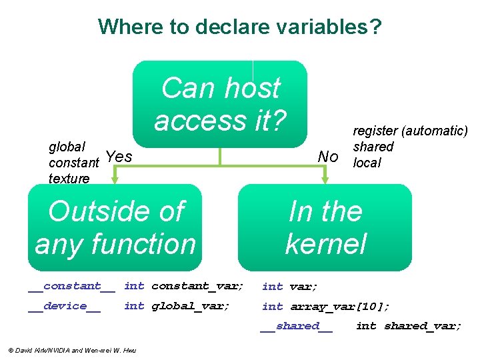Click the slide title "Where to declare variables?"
240,27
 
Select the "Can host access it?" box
220,104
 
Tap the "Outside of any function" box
115,227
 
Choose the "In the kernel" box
325,227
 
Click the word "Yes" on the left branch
119,157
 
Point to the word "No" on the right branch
327,157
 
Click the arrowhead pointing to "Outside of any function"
115,179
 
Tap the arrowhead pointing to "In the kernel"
325,179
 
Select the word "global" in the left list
67,147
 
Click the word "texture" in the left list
69,178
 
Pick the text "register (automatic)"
410,131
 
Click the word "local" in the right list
367,163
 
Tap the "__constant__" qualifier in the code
71,286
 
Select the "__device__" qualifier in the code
64,306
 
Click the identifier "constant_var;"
197,286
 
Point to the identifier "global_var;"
191,306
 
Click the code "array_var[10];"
340,306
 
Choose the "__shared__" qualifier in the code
296,326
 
